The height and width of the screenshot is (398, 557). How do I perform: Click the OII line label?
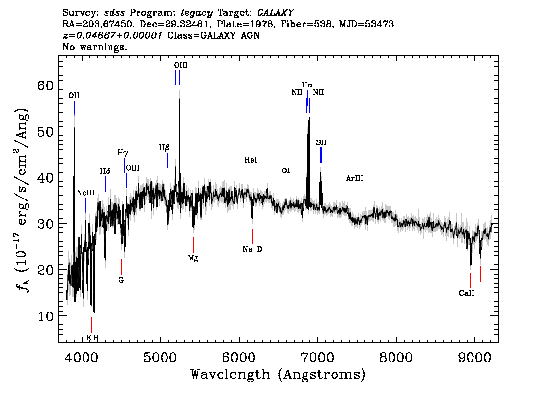click(74, 96)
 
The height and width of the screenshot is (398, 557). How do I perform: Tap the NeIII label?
click(85, 193)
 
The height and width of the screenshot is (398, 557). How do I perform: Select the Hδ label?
click(105, 171)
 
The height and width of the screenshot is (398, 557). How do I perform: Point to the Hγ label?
click(123, 153)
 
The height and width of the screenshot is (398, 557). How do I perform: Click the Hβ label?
click(164, 148)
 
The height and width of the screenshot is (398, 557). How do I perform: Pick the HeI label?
click(251, 160)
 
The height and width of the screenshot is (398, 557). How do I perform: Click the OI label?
click(286, 171)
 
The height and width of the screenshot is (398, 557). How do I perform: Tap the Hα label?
click(307, 85)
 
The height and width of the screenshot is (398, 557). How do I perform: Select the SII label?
click(321, 142)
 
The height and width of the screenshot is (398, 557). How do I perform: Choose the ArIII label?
click(355, 178)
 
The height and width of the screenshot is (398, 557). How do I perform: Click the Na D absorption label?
click(252, 249)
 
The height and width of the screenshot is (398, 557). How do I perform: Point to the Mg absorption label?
click(193, 258)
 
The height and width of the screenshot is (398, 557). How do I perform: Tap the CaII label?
click(467, 293)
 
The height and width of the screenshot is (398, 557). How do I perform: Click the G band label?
click(121, 280)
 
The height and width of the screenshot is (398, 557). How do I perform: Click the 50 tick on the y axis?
click(46, 132)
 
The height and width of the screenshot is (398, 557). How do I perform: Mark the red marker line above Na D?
click(252, 236)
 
